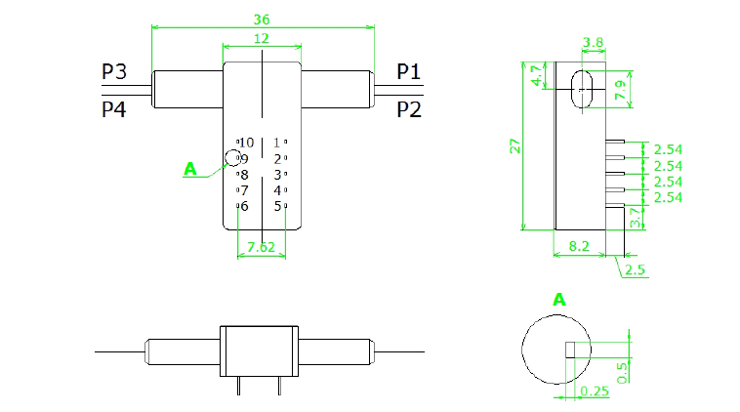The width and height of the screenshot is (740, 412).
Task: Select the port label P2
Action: (x=409, y=109)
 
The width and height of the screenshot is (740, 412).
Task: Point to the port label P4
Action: (x=114, y=109)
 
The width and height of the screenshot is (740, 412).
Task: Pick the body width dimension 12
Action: (x=262, y=38)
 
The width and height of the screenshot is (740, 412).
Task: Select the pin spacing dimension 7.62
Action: (x=262, y=247)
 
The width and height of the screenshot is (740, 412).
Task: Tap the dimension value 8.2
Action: (x=579, y=248)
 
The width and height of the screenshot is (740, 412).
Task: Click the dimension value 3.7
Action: (x=636, y=218)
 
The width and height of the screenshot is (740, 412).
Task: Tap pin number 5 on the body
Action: (x=278, y=206)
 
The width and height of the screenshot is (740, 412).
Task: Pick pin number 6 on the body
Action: (x=244, y=206)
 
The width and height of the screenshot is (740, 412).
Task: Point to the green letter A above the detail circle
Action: (x=559, y=299)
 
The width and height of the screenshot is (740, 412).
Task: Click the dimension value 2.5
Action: (x=636, y=268)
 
